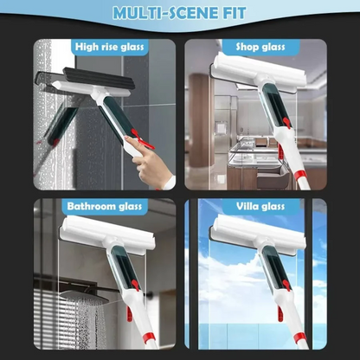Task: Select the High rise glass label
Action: pos(111,47)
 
